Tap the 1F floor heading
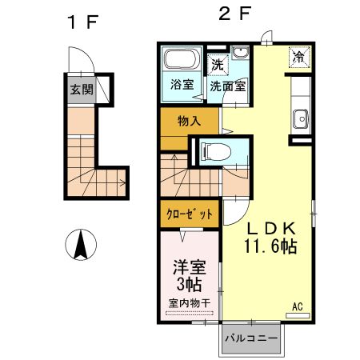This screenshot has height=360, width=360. point(81,22)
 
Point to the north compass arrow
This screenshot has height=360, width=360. point(81,244)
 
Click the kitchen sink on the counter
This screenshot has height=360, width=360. point(301,117)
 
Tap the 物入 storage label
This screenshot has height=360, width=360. point(189,122)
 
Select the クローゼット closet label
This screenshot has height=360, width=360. point(190,214)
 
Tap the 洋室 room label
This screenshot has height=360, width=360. point(188,265)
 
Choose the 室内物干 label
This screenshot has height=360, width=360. point(189,303)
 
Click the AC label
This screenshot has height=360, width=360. point(297,306)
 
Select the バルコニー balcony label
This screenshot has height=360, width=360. point(251,338)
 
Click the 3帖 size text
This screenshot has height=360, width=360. point(189,283)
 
